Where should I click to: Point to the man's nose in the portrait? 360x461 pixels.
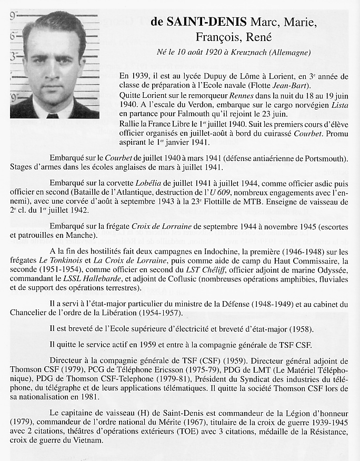point(52,69)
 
